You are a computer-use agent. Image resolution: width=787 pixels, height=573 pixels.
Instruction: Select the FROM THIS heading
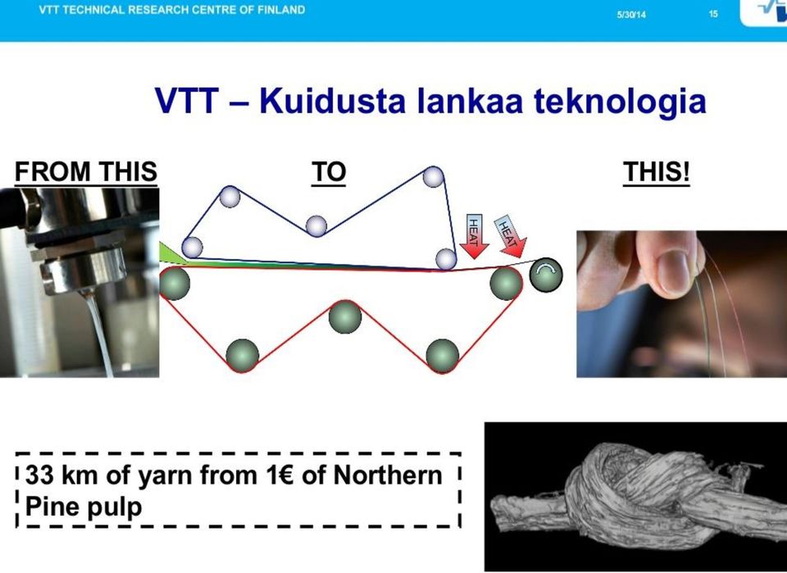86,171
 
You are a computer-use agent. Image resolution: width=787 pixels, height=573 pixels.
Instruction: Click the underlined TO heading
329,172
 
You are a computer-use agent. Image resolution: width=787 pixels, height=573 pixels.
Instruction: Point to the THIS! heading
657,172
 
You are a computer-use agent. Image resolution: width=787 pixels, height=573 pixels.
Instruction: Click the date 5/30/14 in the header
631,15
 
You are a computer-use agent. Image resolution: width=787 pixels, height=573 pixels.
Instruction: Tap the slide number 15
713,14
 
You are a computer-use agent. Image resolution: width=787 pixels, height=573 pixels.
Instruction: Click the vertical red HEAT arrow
475,236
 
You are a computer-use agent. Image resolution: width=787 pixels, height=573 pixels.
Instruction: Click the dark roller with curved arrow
546,275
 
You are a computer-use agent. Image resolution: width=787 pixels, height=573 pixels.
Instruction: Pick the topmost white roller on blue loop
433,176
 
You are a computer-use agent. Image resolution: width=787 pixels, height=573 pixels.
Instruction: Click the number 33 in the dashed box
39,475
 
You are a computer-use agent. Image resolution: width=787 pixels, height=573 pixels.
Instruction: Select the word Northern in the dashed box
388,475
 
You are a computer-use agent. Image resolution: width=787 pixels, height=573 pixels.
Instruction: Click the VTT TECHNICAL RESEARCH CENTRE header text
171,10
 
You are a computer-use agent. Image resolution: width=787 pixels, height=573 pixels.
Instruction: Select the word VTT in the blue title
186,100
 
